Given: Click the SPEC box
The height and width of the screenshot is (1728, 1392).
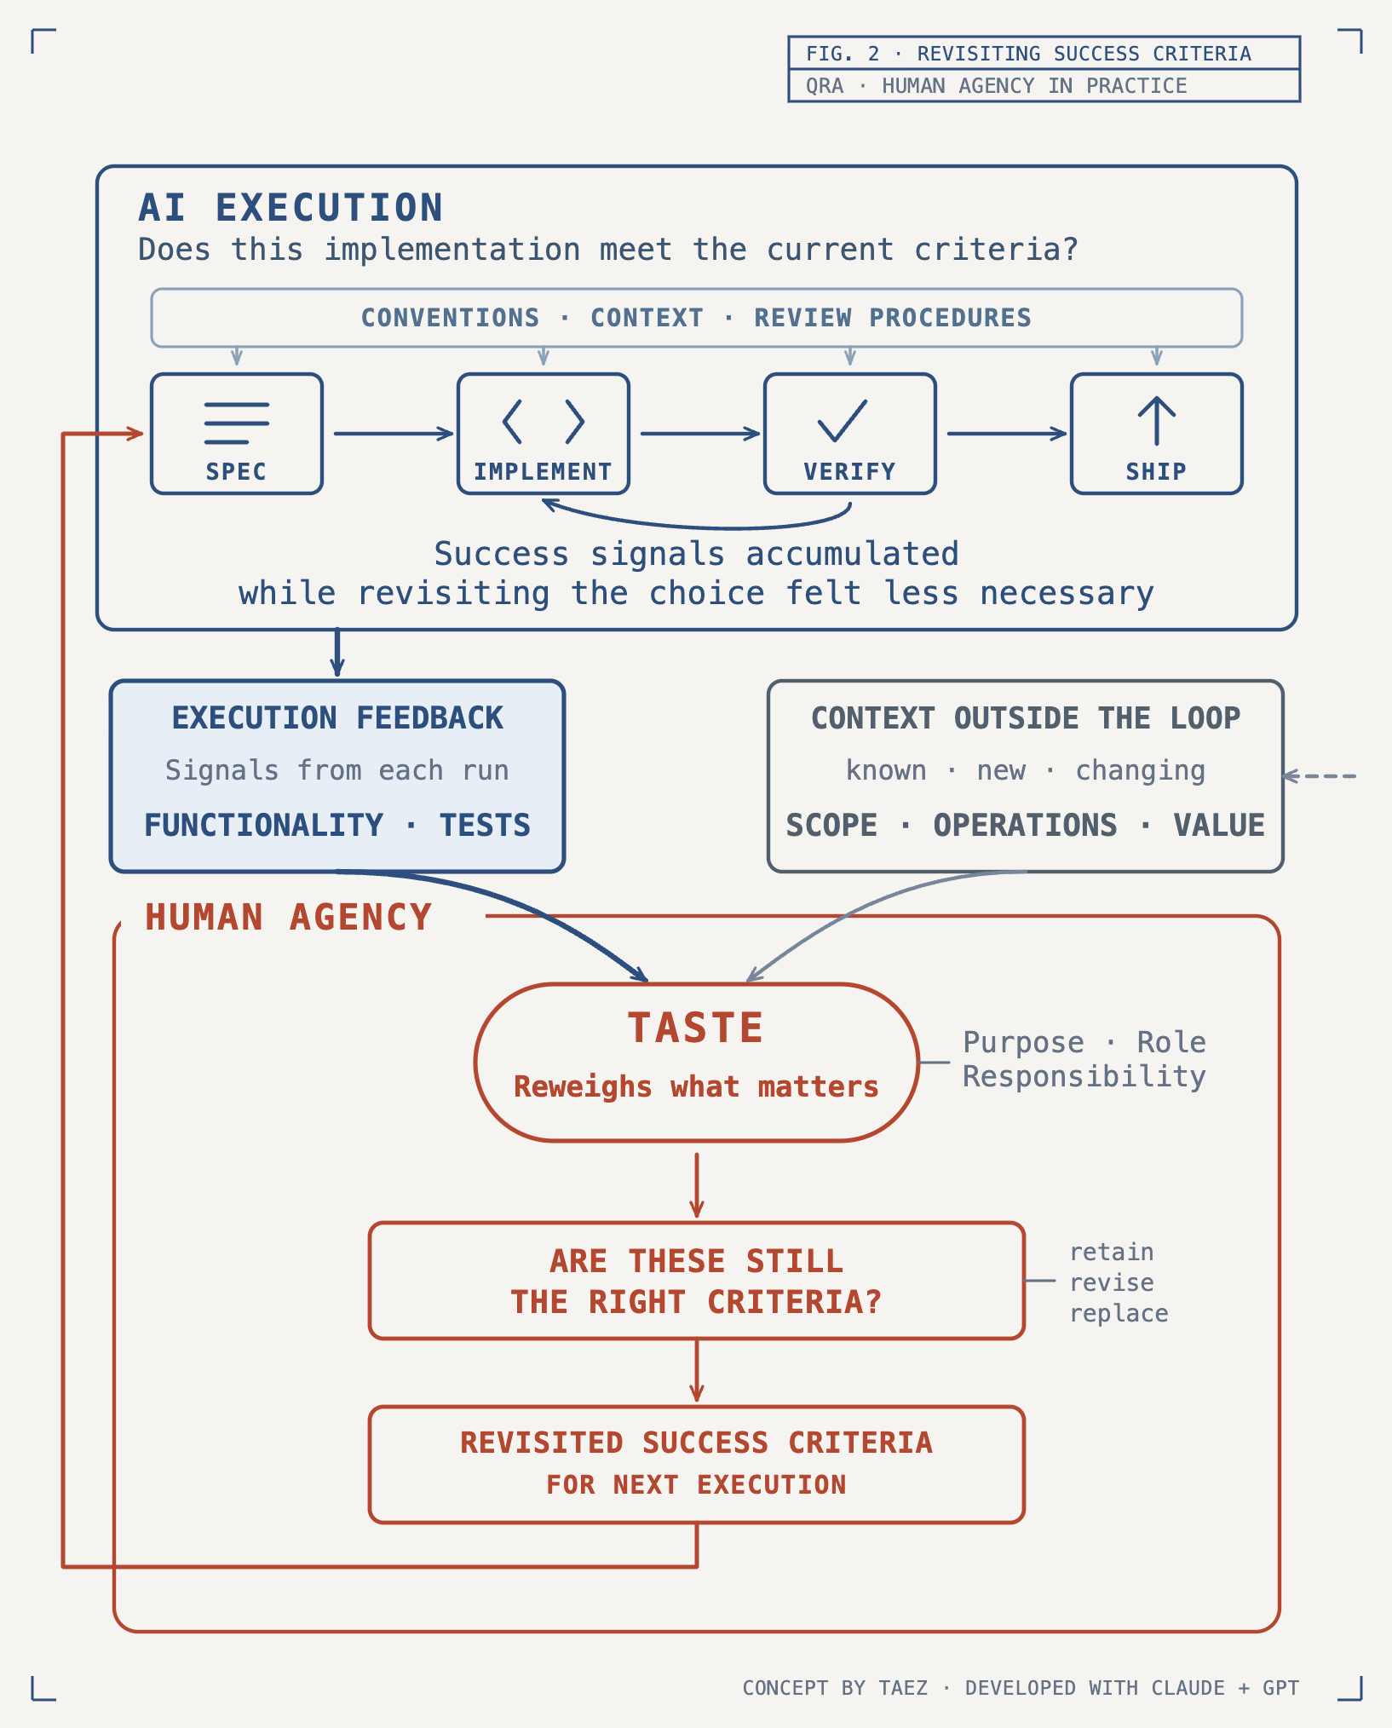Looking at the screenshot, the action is coord(237,434).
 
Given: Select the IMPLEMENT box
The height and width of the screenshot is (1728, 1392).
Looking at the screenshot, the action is coord(544,434).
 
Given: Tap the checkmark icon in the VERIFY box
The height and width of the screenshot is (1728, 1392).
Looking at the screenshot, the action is coord(842,420).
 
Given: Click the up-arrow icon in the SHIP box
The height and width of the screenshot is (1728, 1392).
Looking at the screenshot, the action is coord(1156,420).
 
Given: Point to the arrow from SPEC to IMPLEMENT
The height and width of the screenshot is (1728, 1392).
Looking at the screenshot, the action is coord(394,434).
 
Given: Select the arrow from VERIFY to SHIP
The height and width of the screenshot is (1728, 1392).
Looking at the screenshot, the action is coord(1007,434).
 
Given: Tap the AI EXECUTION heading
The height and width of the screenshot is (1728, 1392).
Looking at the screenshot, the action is coord(290,208).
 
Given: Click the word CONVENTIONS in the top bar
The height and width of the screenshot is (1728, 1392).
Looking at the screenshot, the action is coord(450,318).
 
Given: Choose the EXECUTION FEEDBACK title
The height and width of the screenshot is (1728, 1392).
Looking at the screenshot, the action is coord(337,718).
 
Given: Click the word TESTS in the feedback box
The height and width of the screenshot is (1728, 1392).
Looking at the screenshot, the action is coord(485,825).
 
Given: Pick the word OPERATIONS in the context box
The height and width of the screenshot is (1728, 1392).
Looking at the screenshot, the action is coord(1025,825).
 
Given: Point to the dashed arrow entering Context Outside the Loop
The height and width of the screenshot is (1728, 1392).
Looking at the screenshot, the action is coord(1320,775).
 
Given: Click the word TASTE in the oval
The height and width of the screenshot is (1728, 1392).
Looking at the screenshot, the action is coord(696,1028).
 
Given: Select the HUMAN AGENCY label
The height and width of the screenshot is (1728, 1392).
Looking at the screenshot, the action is coord(289,917).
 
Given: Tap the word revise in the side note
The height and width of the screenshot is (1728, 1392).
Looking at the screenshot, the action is coord(1112,1282).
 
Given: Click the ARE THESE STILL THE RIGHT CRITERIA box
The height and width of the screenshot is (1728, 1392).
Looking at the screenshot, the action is coord(697,1281).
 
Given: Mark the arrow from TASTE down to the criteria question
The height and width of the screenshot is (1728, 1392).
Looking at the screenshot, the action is coord(697,1185).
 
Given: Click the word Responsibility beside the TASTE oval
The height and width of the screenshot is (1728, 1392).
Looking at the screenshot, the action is coord(1084,1076).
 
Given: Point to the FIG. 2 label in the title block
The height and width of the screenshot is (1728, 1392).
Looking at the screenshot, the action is coord(843,54).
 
